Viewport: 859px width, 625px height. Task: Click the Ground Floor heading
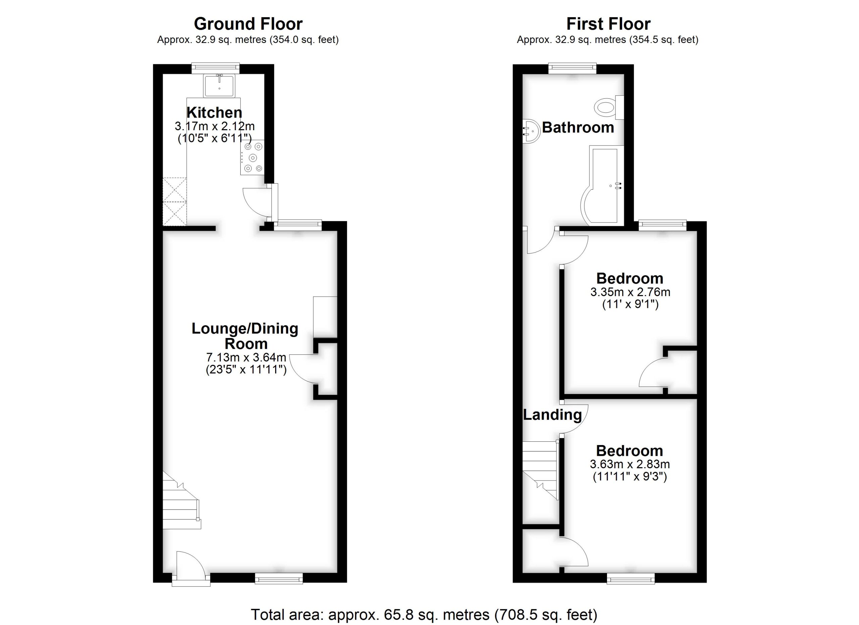(x=248, y=24)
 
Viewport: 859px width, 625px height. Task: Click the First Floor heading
(x=608, y=24)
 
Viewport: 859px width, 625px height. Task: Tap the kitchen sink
(x=219, y=85)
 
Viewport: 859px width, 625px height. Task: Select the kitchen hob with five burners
(x=252, y=157)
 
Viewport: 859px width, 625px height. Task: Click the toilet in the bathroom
(x=605, y=107)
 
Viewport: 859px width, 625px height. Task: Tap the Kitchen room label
(x=214, y=112)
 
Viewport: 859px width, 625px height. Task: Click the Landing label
(x=552, y=415)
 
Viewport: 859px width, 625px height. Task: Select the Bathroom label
(x=578, y=128)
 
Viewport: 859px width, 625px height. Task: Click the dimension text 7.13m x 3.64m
(x=246, y=357)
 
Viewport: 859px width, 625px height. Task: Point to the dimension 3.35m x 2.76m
(x=630, y=292)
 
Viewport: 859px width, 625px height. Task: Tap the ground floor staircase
(x=181, y=504)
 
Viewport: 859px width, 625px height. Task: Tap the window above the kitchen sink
(x=215, y=68)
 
